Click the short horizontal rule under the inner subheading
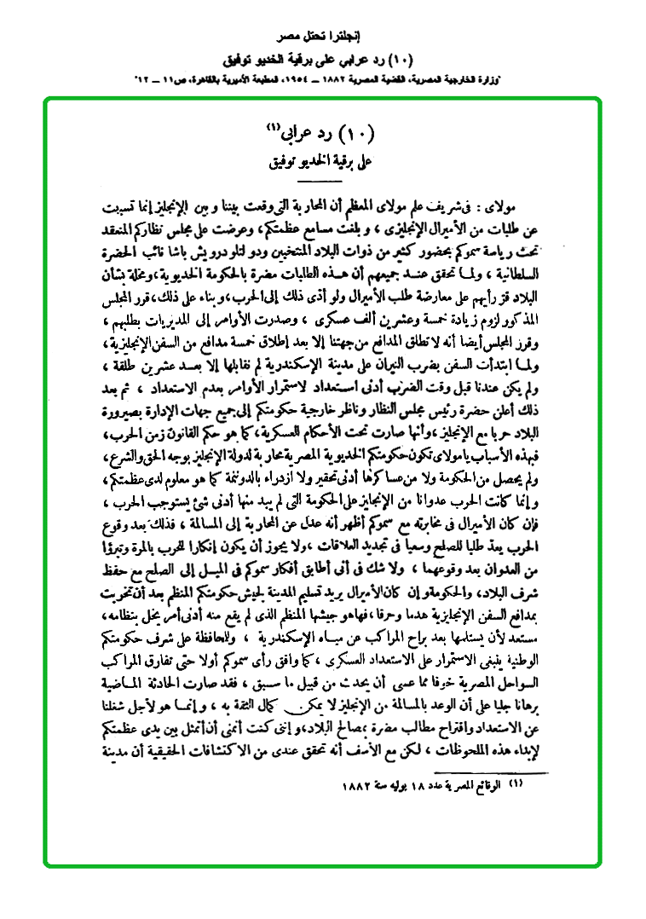[323, 173]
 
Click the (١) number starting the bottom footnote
[516, 783]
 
